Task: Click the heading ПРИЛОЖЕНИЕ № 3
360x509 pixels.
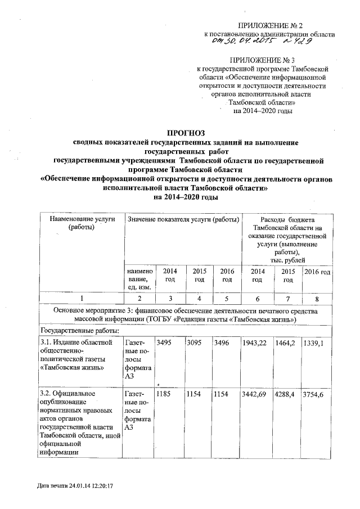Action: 270,59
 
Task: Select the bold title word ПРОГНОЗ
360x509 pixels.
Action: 185,133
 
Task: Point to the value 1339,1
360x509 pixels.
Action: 317,343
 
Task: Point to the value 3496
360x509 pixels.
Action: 223,343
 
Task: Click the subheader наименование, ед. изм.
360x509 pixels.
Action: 138,279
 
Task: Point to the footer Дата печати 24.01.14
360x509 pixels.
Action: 71,484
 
